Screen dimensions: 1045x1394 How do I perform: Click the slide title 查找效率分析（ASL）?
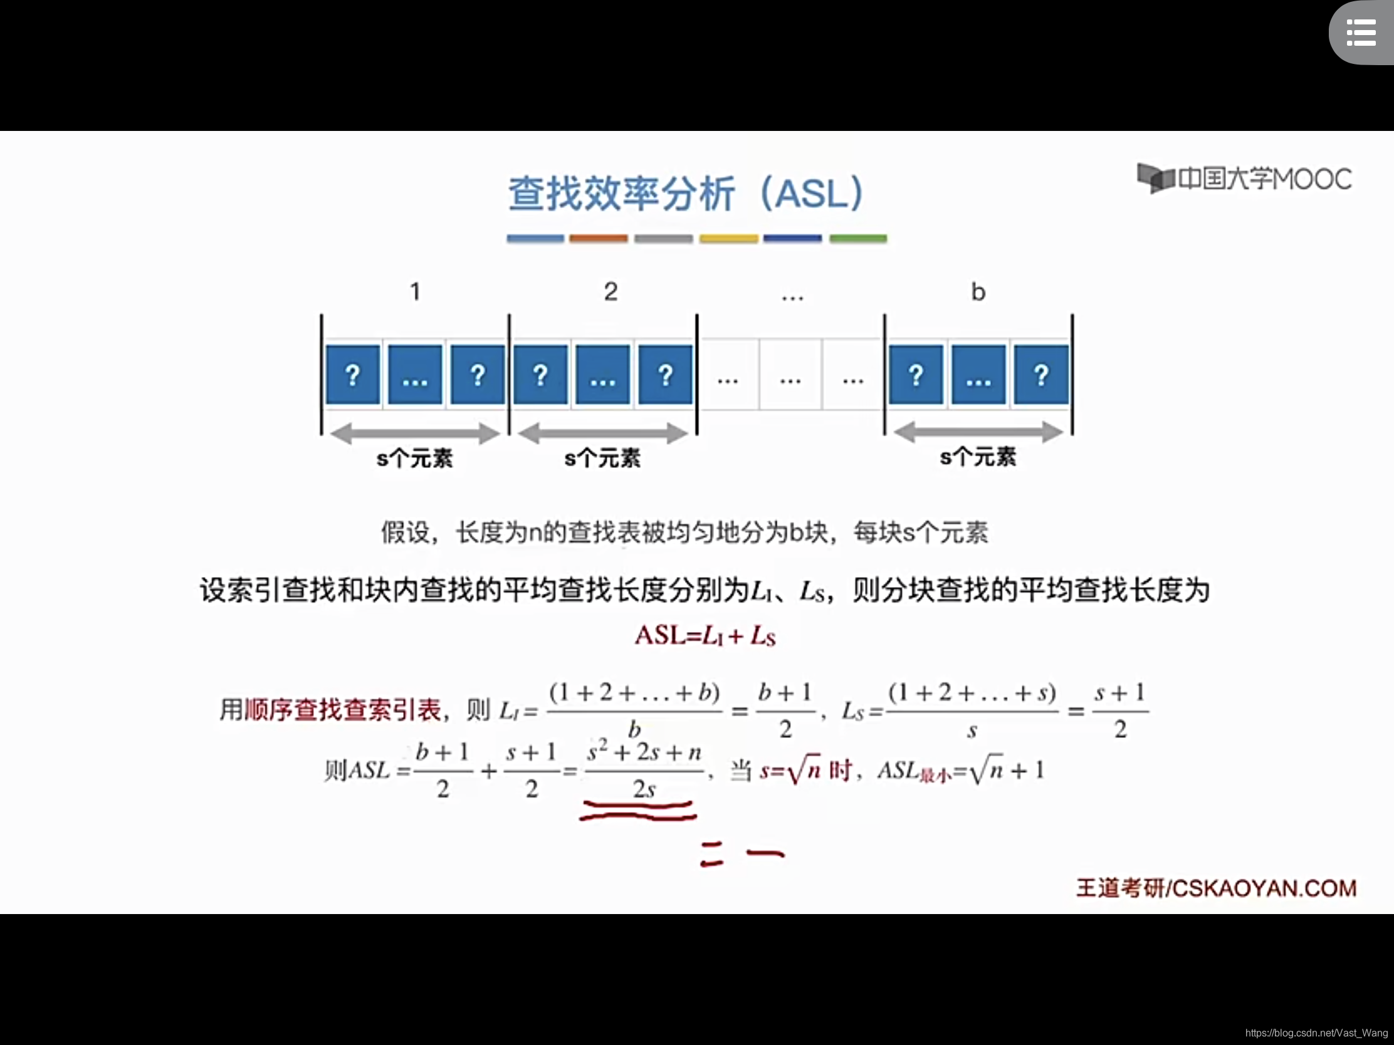pos(686,194)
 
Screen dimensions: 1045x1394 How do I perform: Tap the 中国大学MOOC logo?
pos(1245,179)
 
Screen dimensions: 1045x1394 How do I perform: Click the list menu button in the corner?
pos(1361,33)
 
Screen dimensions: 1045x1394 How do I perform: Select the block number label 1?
pos(415,292)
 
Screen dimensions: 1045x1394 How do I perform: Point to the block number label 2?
pos(610,292)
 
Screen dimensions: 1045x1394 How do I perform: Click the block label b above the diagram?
pos(977,293)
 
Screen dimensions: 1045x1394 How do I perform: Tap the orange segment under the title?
pos(598,239)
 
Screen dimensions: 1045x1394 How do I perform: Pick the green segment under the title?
pos(857,239)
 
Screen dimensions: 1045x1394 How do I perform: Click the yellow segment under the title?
pos(728,239)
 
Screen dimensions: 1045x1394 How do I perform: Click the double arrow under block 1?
pos(415,433)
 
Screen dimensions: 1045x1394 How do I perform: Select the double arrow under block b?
pos(978,432)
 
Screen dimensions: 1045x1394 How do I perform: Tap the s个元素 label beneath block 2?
pos(602,459)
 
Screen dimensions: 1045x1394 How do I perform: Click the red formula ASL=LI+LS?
pos(705,635)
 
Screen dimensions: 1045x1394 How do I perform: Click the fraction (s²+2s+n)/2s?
pos(644,770)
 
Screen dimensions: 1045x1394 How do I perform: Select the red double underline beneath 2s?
pos(637,811)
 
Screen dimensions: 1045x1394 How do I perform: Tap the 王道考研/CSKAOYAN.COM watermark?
pos(1215,888)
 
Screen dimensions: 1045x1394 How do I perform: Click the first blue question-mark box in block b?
pos(916,375)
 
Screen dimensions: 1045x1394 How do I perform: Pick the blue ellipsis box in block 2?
pos(602,375)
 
